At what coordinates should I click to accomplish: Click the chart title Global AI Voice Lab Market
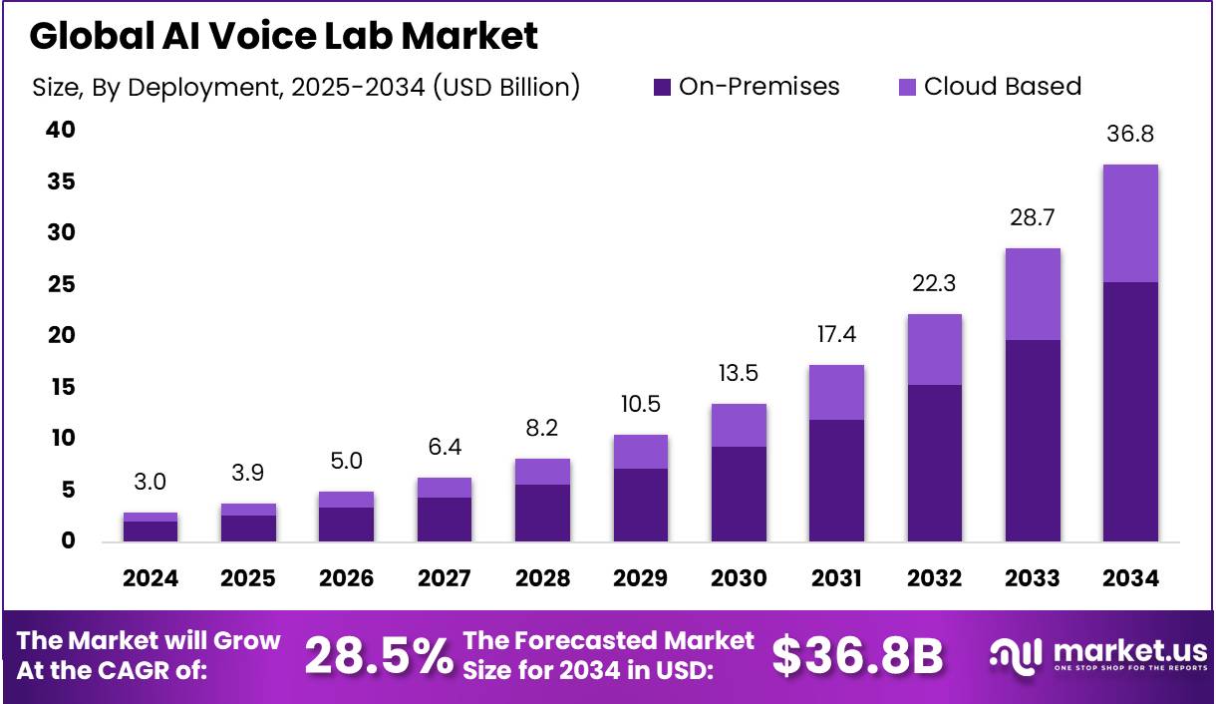click(x=283, y=36)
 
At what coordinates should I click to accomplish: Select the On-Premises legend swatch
click(x=662, y=87)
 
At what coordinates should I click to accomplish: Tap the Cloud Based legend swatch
click(x=906, y=87)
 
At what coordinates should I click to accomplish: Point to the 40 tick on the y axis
click(x=61, y=131)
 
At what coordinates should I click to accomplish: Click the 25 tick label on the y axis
click(x=61, y=284)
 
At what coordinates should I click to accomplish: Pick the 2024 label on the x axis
click(x=150, y=579)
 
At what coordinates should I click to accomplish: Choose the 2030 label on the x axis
click(x=739, y=579)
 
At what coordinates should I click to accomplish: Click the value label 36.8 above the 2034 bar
click(x=1129, y=135)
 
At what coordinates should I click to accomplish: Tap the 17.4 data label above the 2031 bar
click(x=836, y=335)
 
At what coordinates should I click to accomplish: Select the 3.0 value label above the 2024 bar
click(x=150, y=483)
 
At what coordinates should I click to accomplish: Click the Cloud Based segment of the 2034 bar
click(x=1129, y=223)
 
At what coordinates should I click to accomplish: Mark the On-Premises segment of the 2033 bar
click(x=1032, y=440)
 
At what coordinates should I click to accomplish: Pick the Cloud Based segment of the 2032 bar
click(x=934, y=349)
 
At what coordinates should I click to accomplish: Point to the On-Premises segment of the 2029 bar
click(x=640, y=505)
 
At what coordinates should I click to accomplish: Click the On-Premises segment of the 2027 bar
click(x=444, y=519)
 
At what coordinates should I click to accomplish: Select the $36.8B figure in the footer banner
click(x=857, y=655)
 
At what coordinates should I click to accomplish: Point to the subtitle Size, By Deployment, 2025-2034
click(x=305, y=87)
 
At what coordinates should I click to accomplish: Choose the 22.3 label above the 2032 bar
click(x=934, y=284)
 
